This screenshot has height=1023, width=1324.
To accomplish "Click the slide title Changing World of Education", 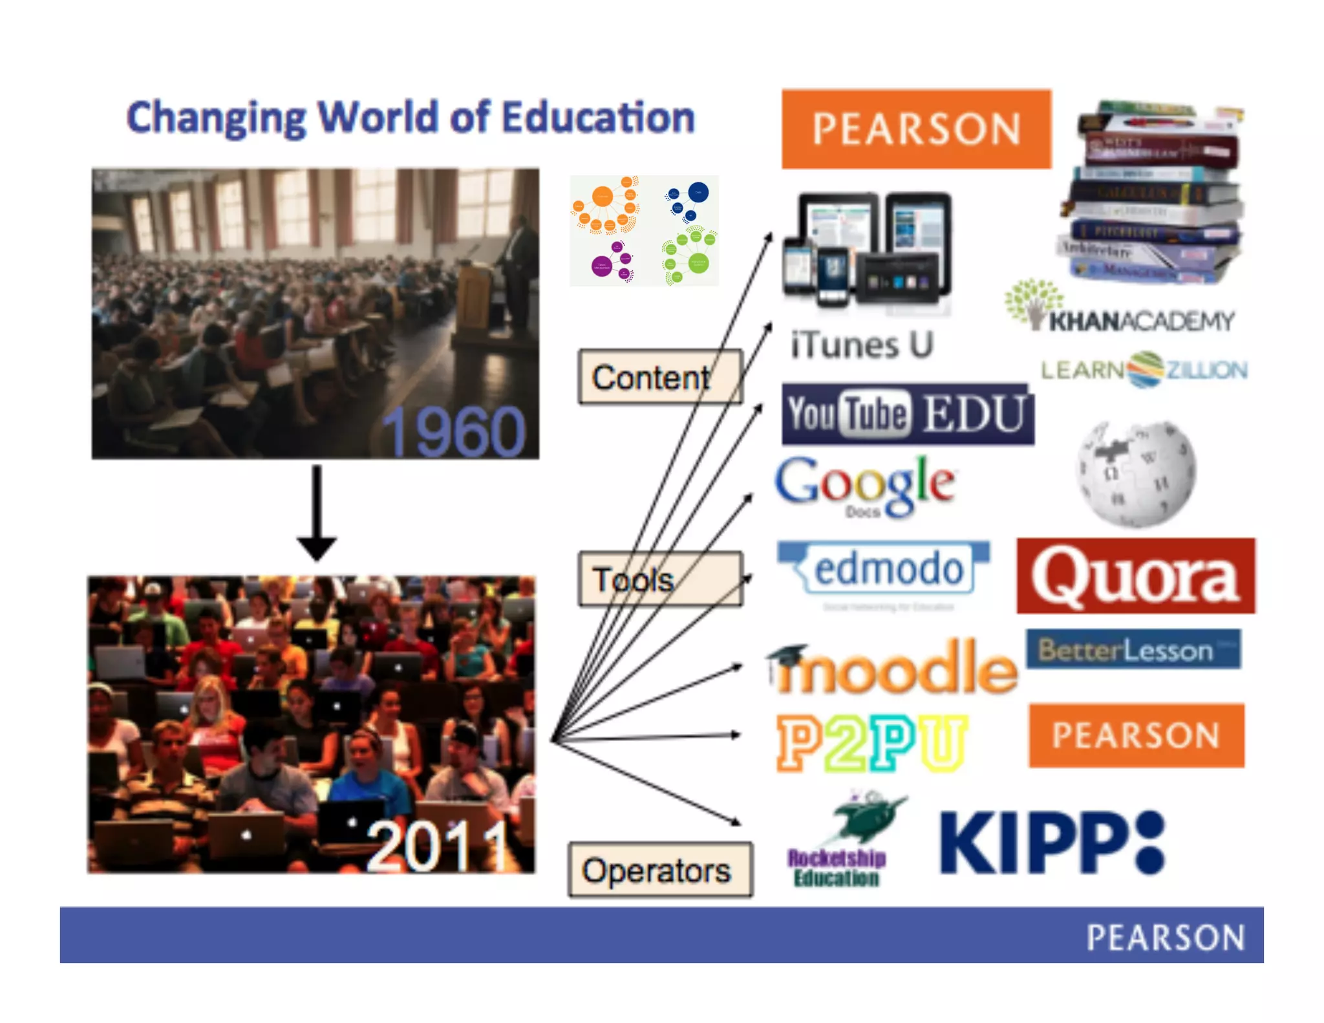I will (411, 118).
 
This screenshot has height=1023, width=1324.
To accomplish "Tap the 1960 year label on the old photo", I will (454, 431).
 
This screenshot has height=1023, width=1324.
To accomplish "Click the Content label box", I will (659, 377).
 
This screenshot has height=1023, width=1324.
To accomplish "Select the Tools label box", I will (659, 579).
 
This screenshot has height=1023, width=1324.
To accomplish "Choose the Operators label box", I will (659, 870).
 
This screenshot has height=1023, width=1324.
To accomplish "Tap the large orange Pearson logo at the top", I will (916, 129).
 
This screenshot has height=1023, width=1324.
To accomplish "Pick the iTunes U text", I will (862, 344).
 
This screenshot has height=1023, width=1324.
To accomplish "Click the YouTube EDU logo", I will (907, 414).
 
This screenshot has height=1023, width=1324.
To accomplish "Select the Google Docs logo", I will (865, 485).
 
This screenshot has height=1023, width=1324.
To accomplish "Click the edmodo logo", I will (884, 569).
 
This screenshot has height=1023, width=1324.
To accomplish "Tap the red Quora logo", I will (1135, 576).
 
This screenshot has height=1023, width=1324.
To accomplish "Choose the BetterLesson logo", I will (1133, 649).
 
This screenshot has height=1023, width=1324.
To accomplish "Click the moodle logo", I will (892, 667).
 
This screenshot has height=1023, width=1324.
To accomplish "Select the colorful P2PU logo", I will (871, 742).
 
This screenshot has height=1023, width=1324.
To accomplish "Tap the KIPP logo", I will (1051, 842).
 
